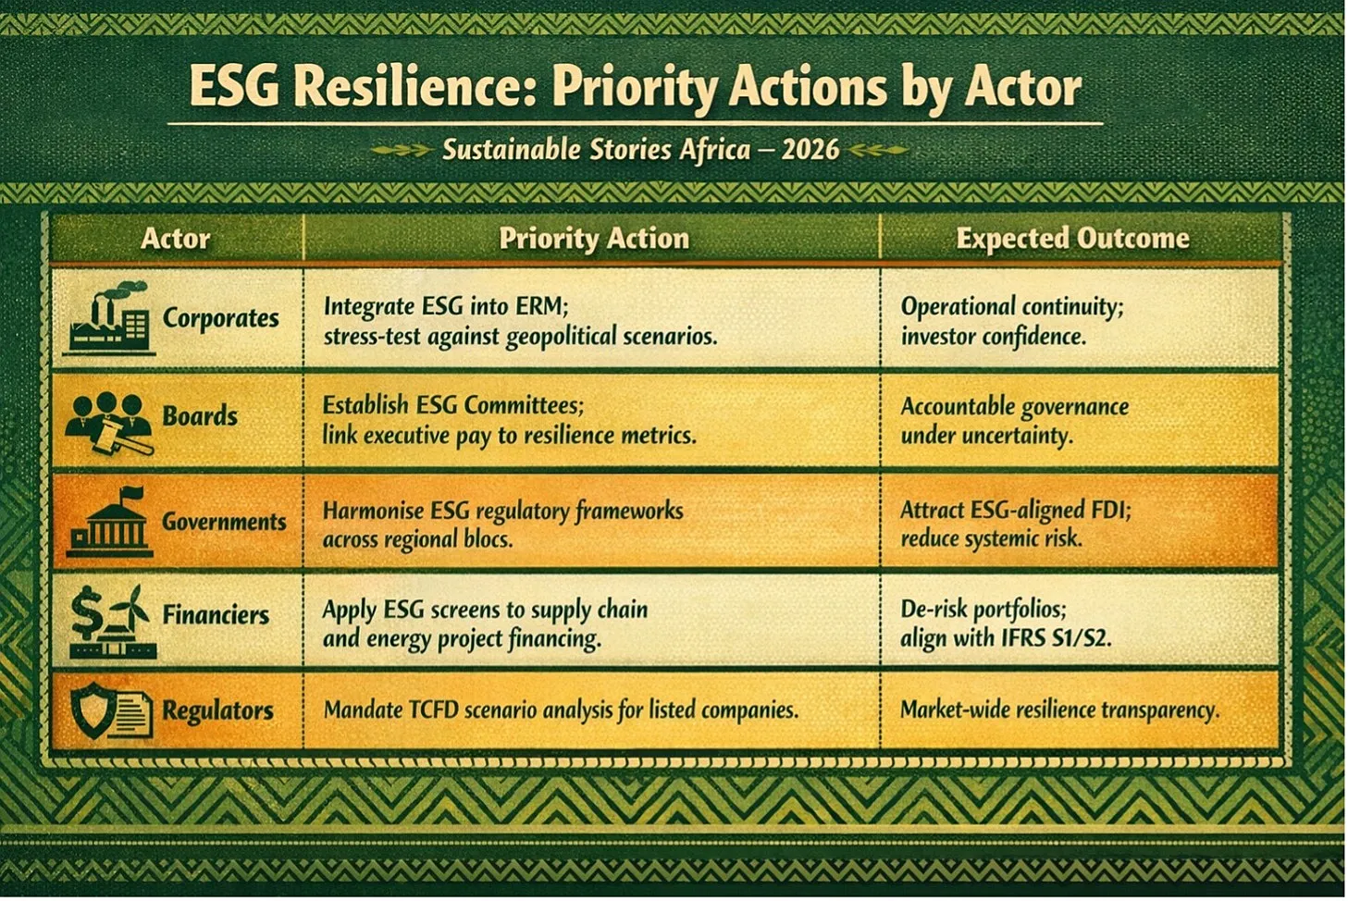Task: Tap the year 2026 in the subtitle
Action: (x=810, y=149)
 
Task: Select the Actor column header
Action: (x=175, y=239)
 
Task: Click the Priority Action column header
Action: (x=594, y=239)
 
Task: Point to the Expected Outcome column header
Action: (x=1073, y=238)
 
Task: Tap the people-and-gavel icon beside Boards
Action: (x=109, y=422)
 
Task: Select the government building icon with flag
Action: (x=109, y=522)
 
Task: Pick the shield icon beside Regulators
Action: (x=91, y=712)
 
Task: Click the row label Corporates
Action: (x=220, y=318)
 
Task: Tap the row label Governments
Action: (x=224, y=521)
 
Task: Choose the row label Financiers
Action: (x=216, y=614)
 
